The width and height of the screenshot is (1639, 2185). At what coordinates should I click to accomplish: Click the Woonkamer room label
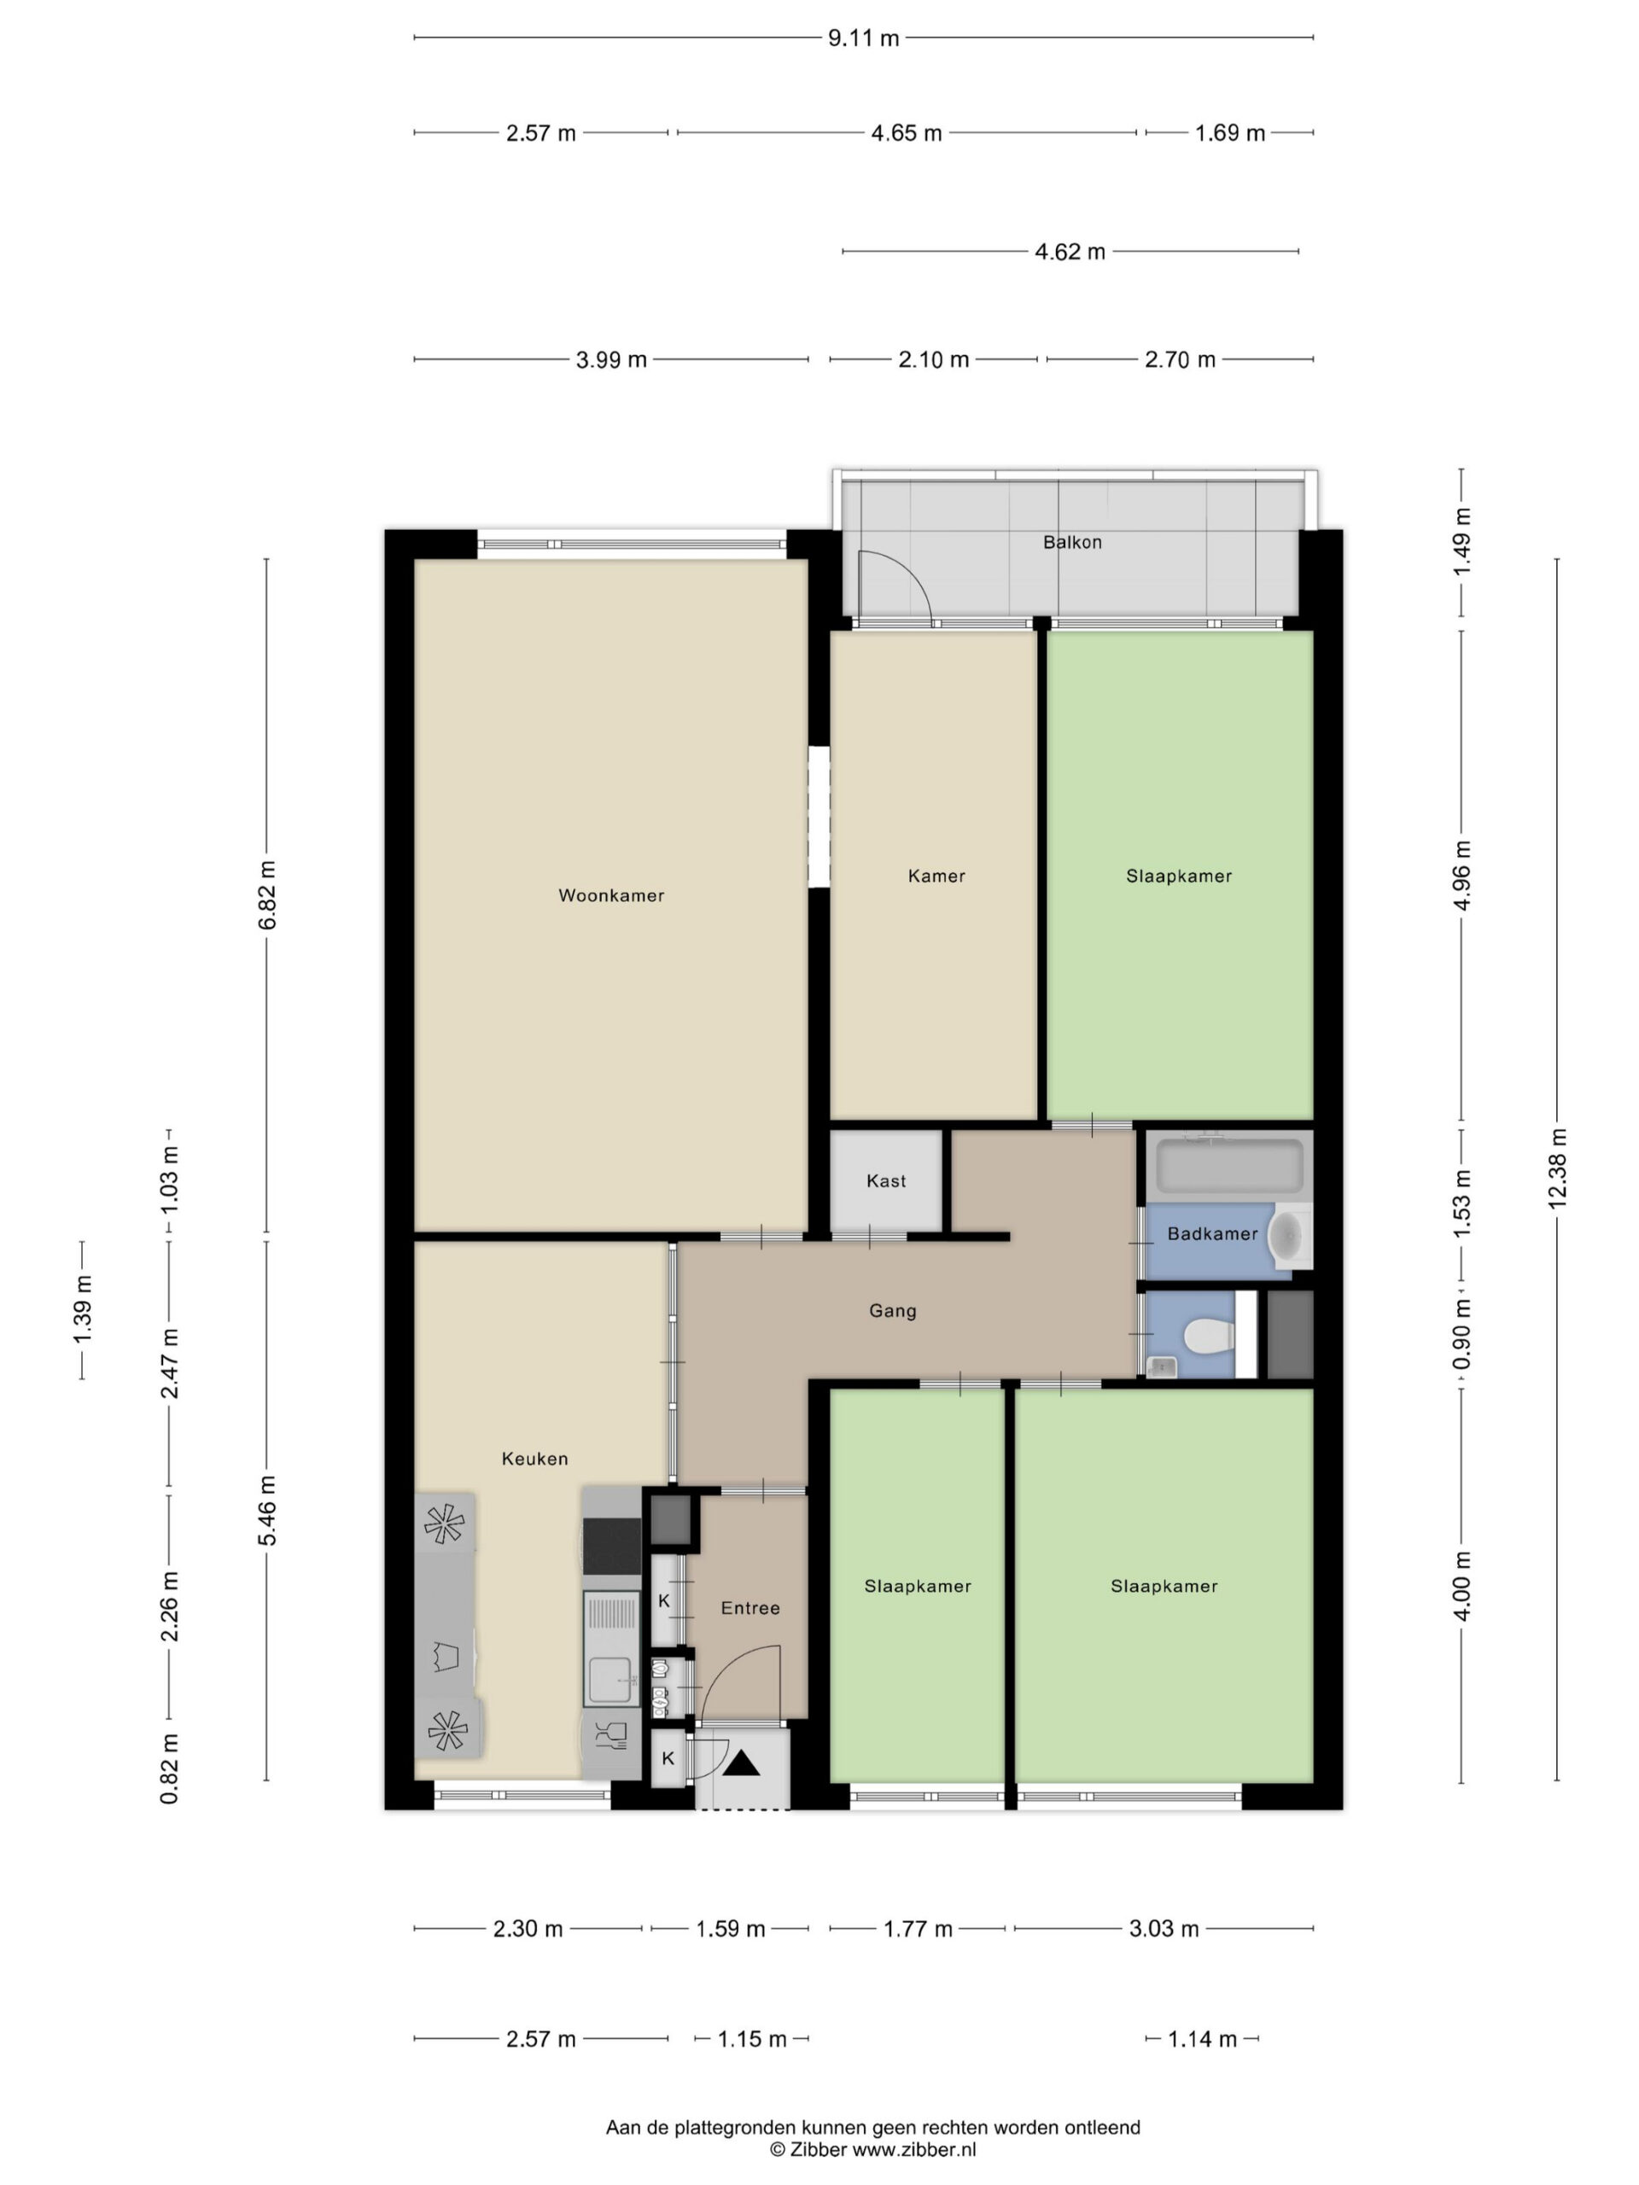click(x=610, y=896)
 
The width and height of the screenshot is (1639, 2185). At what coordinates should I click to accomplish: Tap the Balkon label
click(x=1072, y=542)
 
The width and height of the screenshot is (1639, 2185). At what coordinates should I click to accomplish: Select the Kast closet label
click(x=886, y=1180)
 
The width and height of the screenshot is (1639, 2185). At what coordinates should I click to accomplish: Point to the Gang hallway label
click(x=892, y=1311)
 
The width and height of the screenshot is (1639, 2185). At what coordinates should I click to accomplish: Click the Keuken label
click(x=534, y=1458)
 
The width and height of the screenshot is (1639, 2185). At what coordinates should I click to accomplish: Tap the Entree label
click(x=750, y=1608)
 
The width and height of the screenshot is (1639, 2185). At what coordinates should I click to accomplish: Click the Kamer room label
click(x=936, y=877)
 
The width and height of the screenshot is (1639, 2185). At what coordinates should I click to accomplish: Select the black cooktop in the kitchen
click(x=611, y=1547)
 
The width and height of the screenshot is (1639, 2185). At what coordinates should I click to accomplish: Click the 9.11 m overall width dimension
click(x=864, y=38)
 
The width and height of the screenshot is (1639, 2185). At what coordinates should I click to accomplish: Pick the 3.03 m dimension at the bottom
click(x=1164, y=1928)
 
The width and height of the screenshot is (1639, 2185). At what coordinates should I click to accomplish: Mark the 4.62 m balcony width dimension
click(x=1070, y=252)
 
